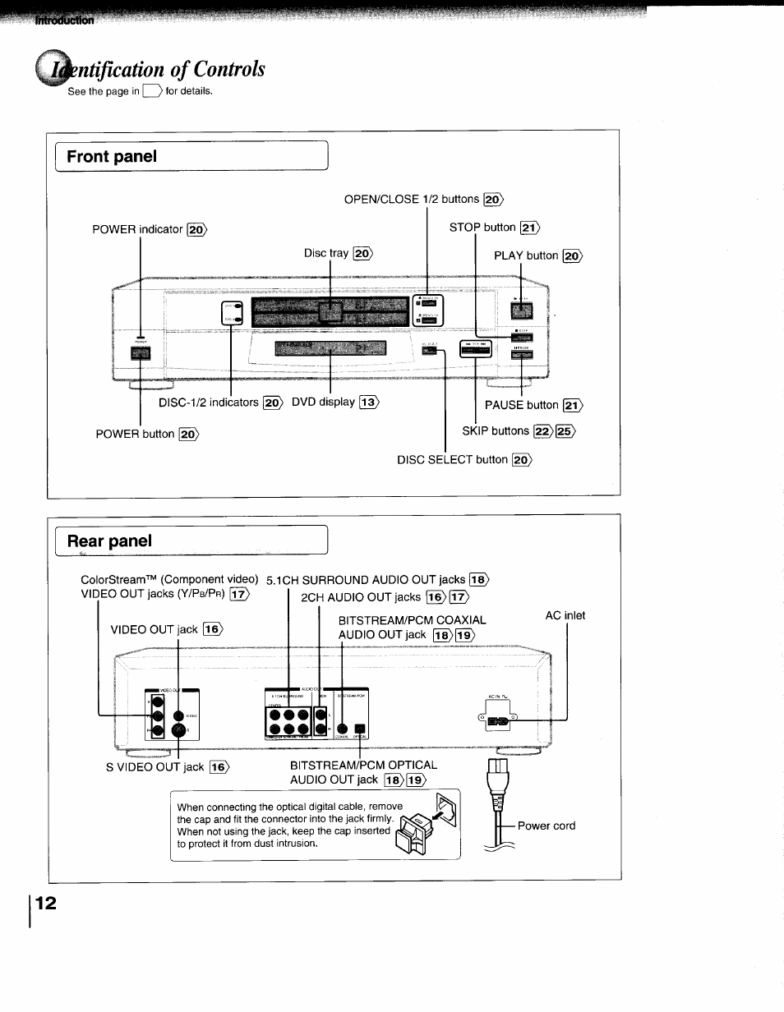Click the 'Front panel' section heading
tap(112, 157)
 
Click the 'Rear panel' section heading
tap(109, 540)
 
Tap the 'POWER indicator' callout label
tap(137, 229)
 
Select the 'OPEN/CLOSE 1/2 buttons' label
tap(411, 199)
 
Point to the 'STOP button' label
tap(482, 228)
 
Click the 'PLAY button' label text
tap(526, 255)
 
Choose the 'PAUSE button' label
tap(521, 405)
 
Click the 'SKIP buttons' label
tap(496, 430)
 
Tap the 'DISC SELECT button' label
tap(452, 459)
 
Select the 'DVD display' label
tap(323, 402)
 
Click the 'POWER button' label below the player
tap(135, 434)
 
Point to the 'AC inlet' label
tap(565, 615)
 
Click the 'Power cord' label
tap(546, 826)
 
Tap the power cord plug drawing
tap(499, 789)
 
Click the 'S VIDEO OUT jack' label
tap(154, 767)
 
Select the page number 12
tap(46, 904)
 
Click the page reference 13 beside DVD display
tap(369, 402)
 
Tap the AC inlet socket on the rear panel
tap(499, 722)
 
